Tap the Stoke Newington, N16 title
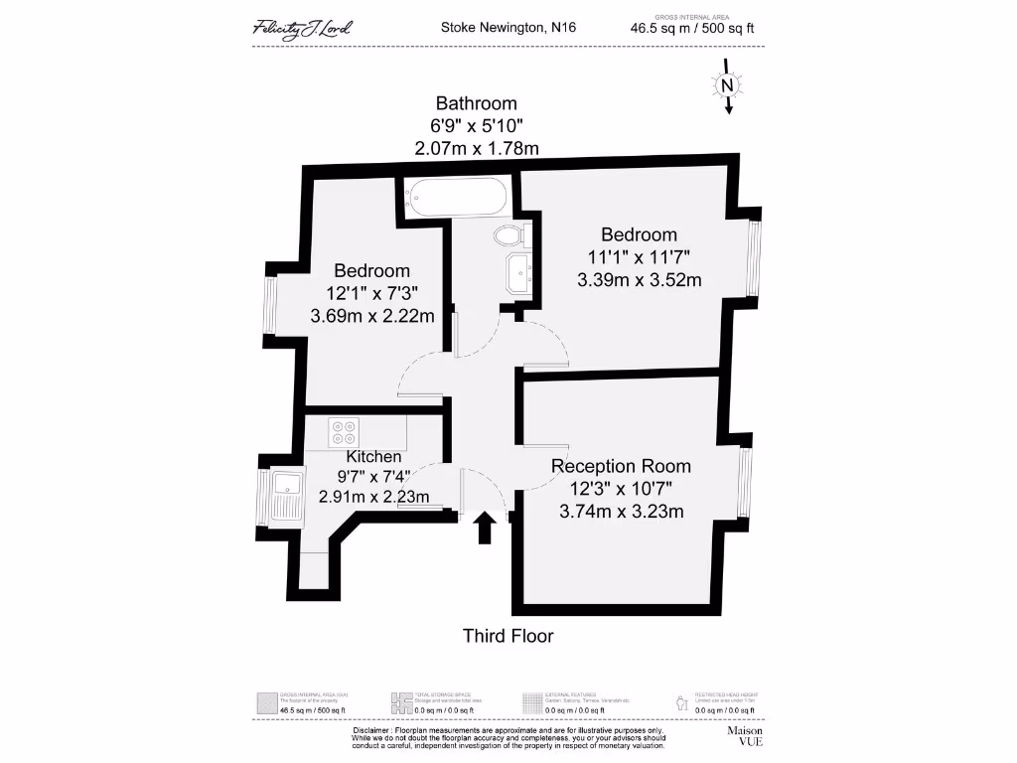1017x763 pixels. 508,28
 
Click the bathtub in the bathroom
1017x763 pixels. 458,197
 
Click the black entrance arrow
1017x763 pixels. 485,528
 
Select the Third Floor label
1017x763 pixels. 508,636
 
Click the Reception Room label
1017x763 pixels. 621,466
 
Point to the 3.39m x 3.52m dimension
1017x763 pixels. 639,280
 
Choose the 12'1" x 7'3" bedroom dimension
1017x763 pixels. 371,294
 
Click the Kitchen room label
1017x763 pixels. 373,456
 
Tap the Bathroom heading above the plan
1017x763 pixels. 477,103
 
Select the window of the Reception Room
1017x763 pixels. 744,483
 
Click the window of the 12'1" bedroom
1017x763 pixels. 270,305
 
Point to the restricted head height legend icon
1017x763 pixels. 680,701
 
